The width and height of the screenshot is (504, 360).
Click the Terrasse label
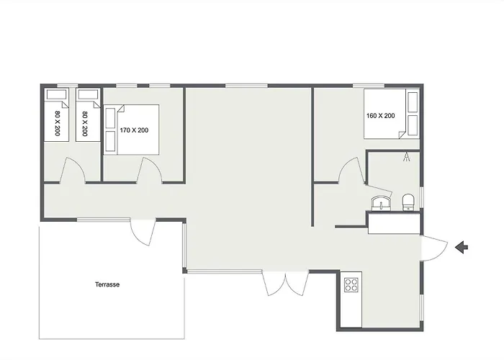coord(107,284)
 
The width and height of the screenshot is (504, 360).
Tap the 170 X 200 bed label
coord(134,130)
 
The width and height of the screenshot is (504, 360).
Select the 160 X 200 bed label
coord(381,116)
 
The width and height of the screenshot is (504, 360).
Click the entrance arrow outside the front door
coord(462,247)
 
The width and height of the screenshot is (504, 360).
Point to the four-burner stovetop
coord(351,285)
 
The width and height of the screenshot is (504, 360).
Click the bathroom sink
coord(381,204)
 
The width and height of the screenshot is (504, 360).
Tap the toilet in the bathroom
coord(408,202)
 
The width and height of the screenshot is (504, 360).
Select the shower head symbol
coord(407,156)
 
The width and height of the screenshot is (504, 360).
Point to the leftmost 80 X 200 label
coord(58,123)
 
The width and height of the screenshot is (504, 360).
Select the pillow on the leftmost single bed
coord(57,94)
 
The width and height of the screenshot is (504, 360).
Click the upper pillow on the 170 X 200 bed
coord(110,118)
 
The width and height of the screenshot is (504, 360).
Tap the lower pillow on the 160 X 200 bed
coord(413,125)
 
